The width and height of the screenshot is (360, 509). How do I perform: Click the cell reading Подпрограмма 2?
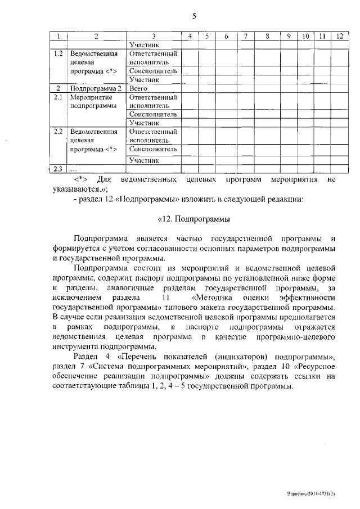coord(95,88)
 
